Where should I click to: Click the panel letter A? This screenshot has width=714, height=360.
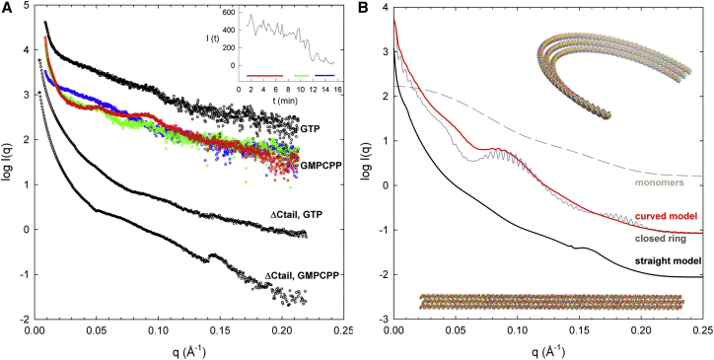(x=8, y=10)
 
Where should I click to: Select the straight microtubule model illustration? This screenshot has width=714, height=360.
(x=550, y=302)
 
